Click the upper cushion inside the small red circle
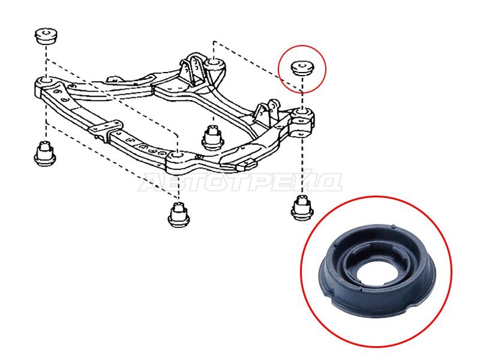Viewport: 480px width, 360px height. pyautogui.click(x=302, y=68)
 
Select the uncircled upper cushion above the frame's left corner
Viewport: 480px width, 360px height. pyautogui.click(x=46, y=36)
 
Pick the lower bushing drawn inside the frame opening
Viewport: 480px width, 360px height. pyautogui.click(x=213, y=137)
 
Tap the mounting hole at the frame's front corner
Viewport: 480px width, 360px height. pyautogui.click(x=177, y=155)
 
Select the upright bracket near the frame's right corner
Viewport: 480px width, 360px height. pyautogui.click(x=267, y=112)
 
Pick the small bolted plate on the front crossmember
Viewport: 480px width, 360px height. pyautogui.click(x=106, y=127)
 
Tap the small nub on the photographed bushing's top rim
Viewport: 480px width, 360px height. pyautogui.click(x=394, y=227)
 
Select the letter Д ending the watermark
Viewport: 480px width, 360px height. pyautogui.click(x=329, y=183)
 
